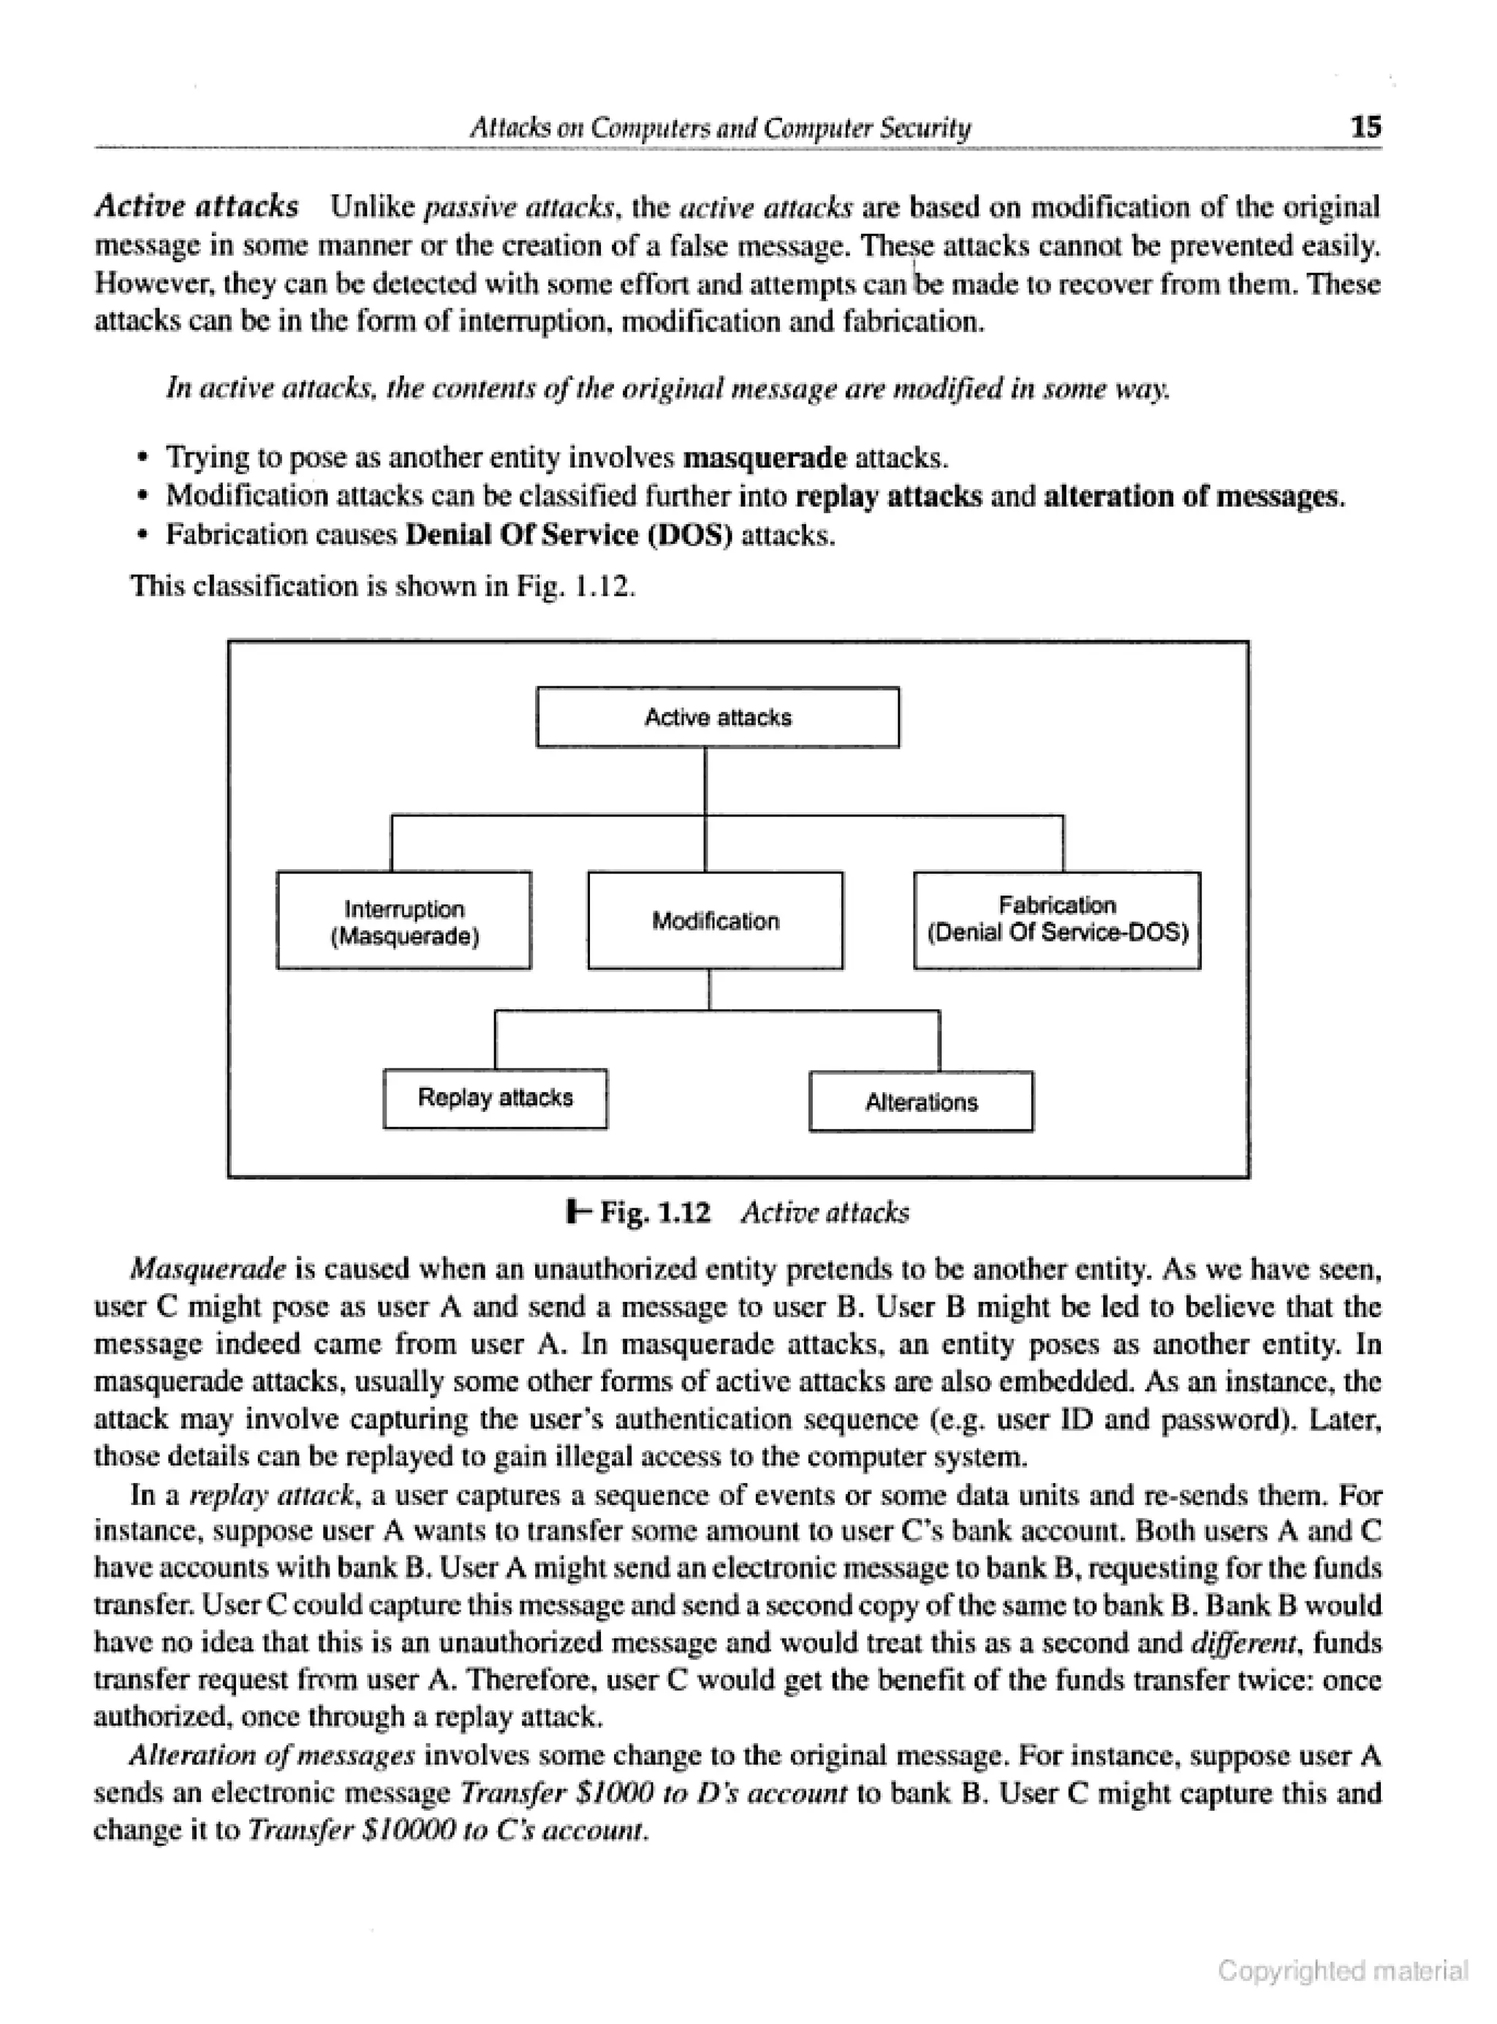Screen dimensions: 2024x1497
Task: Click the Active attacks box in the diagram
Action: [x=718, y=718]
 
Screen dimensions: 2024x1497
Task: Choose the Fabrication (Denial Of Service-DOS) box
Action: [x=1057, y=920]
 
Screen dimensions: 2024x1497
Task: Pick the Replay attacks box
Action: [x=495, y=1098]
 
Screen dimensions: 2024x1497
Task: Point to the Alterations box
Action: [x=921, y=1102]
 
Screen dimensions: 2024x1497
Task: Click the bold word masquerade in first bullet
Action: [x=764, y=458]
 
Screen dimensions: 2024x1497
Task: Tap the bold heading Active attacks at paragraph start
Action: [x=197, y=207]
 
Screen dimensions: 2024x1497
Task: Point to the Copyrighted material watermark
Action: [x=1342, y=1971]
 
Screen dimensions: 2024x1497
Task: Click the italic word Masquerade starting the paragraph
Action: [x=208, y=1268]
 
